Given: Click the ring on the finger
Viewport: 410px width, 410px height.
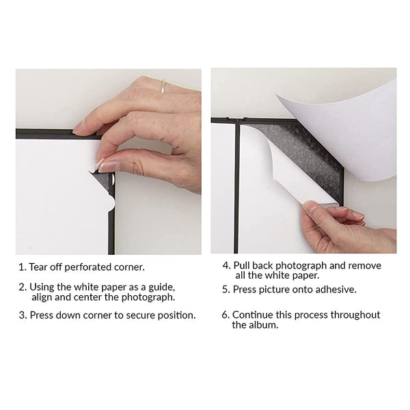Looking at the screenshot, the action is coord(163,86).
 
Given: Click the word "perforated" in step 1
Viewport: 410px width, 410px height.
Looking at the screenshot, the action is coord(88,267).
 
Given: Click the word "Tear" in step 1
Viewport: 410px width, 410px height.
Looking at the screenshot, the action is coord(38,267).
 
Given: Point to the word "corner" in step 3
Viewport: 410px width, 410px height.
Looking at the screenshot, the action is coord(99,316).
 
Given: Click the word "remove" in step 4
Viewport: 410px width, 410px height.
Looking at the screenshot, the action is coord(365,266).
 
